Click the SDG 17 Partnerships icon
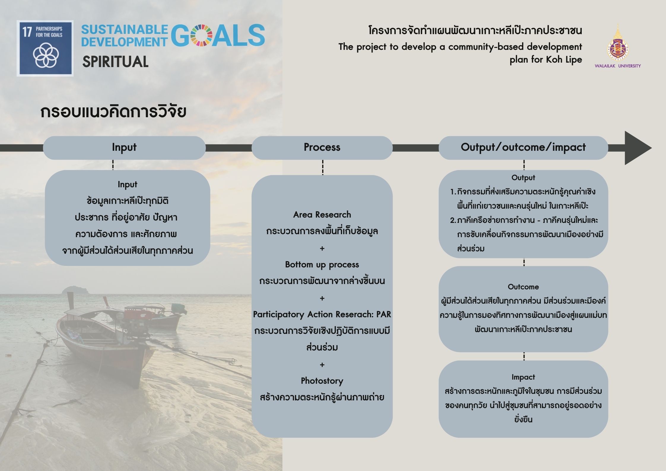pos(45,48)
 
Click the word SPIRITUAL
pos(115,62)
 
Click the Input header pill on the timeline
pos(124,148)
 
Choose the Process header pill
pos(322,148)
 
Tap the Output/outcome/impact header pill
pos(523,148)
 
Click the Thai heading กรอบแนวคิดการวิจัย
pos(113,112)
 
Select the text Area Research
pos(322,215)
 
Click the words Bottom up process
pos(322,264)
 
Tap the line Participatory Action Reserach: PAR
pos(322,314)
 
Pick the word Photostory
pos(322,381)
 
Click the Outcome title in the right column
pos(523,287)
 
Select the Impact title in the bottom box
pos(523,377)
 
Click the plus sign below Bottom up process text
pos(322,298)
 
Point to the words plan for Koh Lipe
pos(546,60)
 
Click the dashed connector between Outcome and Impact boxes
pos(524,356)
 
